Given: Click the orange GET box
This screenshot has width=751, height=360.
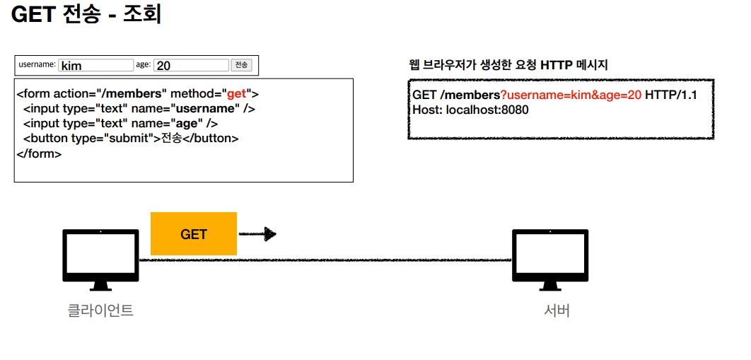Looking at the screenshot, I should pos(193,234).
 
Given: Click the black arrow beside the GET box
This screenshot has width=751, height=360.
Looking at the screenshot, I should pos(257,234).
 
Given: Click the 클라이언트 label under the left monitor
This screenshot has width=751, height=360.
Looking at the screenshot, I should pos(100,310).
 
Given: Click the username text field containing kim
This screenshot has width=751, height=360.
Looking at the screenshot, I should pos(95,66).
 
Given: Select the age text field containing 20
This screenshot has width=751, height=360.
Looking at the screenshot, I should pos(191,66).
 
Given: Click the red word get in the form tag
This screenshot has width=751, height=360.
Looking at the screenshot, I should pos(237,93).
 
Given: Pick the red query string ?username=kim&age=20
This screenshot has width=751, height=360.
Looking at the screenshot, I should pos(571,95).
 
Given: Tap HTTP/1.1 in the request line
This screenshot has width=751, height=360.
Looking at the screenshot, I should pos(671,95).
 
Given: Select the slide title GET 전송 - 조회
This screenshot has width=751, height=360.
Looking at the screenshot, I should pos(86,14).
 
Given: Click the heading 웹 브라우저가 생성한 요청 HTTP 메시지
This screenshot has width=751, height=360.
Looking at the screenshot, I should pos(508,65).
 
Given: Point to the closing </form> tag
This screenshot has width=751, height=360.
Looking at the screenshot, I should pos(39,153).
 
